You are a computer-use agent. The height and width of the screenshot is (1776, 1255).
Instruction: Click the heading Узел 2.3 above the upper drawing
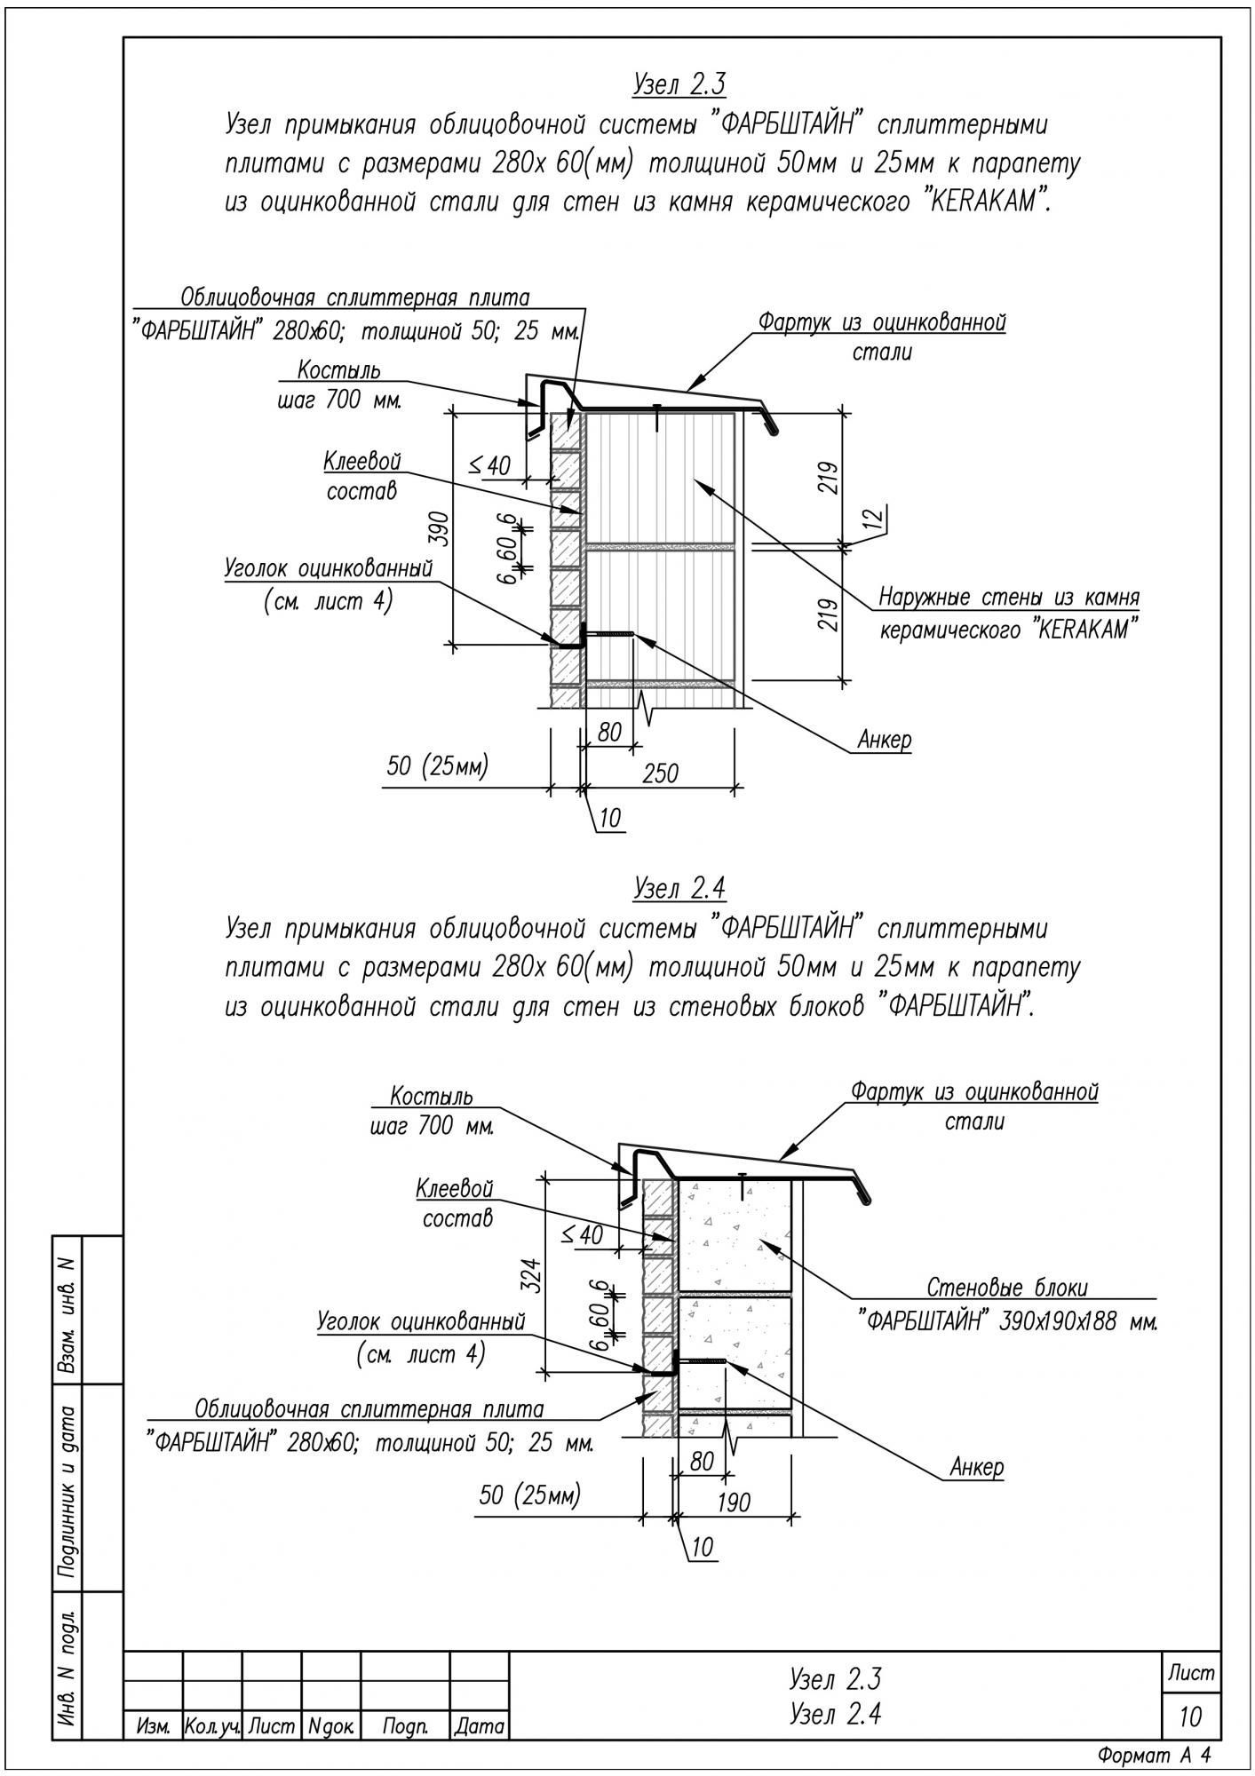click(679, 84)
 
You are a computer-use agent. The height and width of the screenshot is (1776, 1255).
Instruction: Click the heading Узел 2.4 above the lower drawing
click(679, 888)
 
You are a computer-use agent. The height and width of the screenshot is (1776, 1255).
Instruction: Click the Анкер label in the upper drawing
click(885, 740)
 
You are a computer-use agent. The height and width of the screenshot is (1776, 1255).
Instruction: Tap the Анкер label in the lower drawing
click(977, 1467)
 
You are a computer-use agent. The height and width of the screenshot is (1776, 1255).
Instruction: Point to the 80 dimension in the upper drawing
click(609, 733)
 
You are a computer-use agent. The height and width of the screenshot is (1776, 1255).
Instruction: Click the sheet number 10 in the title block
click(1190, 1717)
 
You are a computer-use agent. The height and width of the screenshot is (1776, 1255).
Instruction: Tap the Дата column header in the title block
click(480, 1727)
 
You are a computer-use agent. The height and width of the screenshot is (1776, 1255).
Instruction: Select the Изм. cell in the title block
click(153, 1727)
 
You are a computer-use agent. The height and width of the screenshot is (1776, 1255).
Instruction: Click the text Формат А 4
click(1155, 1756)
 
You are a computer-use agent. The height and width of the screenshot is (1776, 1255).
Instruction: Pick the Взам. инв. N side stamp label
click(67, 1309)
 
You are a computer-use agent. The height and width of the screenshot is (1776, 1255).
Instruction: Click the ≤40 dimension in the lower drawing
click(582, 1234)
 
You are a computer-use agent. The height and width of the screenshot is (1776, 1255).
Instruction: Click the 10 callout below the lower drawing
click(702, 1548)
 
